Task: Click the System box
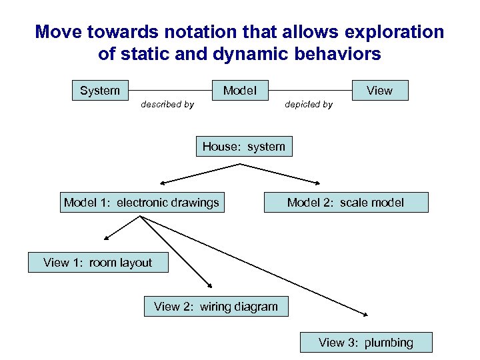point(100,91)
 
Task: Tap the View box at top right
point(379,91)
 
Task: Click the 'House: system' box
point(244,147)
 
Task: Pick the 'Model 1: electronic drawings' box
point(141,203)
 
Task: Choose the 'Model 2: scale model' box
point(345,203)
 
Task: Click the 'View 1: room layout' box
point(98,263)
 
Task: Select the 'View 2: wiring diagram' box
point(216,307)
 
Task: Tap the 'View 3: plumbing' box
point(366,343)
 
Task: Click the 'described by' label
point(167,105)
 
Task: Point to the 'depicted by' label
point(309,105)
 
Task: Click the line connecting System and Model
point(170,91)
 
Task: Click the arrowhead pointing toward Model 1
point(162,182)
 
